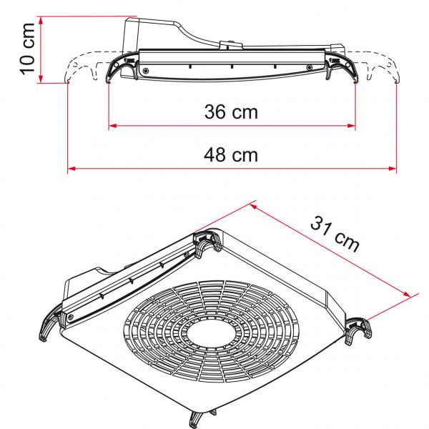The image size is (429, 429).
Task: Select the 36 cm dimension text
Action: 231,112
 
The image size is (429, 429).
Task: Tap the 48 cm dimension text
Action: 231,154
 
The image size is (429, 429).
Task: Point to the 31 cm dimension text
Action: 335,233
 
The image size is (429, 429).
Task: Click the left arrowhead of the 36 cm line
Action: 112,127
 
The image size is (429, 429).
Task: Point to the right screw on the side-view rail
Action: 309,68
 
